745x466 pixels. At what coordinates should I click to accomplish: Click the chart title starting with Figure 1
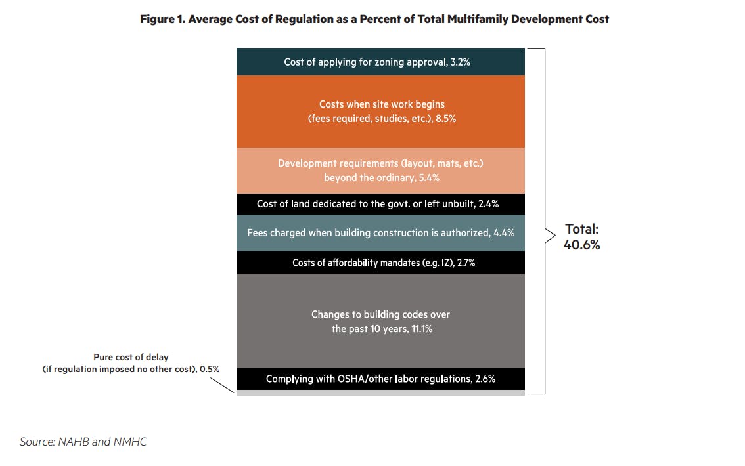coord(374,19)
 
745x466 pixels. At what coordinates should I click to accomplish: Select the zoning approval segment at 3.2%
coord(380,62)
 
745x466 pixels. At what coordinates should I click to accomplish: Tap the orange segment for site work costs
coord(380,111)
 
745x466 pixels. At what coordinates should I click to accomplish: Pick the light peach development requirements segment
coord(380,171)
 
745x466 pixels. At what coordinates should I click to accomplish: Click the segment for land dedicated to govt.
coord(380,204)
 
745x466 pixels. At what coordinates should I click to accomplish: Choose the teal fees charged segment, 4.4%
coord(380,233)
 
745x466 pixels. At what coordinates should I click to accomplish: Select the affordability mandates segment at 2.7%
coord(380,263)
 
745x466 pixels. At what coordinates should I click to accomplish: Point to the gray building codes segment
coord(380,321)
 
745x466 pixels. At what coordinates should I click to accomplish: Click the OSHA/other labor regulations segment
coord(380,379)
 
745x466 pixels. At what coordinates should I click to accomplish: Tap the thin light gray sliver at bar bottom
coord(380,393)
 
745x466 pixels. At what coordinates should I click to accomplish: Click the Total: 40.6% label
coord(581,237)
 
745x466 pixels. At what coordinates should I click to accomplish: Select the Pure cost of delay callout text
coord(131,363)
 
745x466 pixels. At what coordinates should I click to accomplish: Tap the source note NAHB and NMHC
coord(83,442)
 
